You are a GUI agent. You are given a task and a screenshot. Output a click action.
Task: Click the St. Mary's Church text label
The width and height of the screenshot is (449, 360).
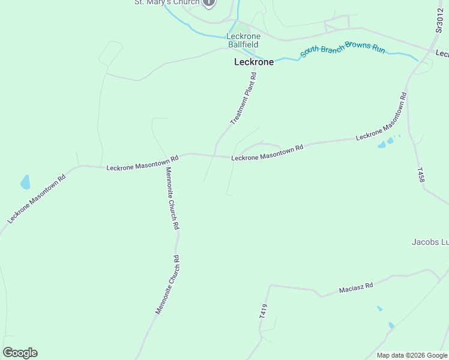166,2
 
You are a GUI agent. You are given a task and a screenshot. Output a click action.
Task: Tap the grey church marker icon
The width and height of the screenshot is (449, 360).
208,2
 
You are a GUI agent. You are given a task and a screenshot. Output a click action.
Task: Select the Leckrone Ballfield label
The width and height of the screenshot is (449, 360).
243,40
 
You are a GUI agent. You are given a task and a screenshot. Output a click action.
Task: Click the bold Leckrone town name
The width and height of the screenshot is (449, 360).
253,62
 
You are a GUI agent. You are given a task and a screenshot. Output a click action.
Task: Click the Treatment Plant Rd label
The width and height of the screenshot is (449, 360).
244,99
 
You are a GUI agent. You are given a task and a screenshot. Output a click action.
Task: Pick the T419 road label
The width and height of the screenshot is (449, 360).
263,310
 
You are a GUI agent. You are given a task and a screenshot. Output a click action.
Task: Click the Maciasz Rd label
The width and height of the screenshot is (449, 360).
356,288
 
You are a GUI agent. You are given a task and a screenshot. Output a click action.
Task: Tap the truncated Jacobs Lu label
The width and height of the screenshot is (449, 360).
430,242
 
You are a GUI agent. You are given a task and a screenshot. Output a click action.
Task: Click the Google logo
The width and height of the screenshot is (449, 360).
20,353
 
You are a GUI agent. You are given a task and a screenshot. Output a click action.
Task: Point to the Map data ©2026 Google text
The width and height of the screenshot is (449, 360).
412,355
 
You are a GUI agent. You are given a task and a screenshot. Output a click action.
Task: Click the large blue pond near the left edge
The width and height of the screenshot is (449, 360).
25,182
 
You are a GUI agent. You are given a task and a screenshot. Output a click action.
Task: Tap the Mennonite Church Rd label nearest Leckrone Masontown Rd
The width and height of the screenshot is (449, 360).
172,198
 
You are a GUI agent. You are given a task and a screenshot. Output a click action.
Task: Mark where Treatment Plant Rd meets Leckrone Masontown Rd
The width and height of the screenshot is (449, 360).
214,155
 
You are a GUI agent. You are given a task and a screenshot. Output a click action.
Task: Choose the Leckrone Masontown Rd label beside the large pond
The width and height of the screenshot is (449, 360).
36,200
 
